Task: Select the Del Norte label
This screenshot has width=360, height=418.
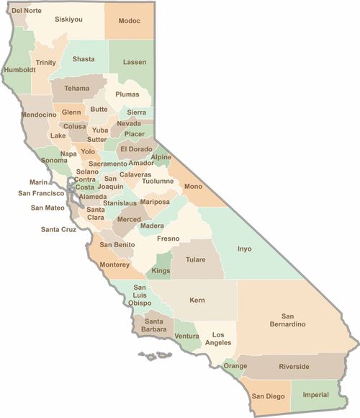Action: [27, 11]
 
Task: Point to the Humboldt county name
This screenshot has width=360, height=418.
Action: [19, 70]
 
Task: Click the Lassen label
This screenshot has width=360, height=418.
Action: [134, 63]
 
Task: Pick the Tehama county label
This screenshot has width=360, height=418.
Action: [77, 88]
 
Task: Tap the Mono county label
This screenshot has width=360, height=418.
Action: [193, 187]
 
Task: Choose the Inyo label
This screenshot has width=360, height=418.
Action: [245, 249]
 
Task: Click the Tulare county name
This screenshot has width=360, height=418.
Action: [195, 259]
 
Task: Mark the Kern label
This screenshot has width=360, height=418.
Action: [197, 300]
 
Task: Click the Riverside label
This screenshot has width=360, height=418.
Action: [294, 367]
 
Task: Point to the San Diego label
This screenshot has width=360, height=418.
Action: [267, 395]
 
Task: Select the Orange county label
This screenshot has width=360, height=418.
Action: [235, 366]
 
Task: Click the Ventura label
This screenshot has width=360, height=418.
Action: [186, 337]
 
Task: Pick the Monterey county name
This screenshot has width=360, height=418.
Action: [114, 264]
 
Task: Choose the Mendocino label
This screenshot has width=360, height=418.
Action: [40, 115]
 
